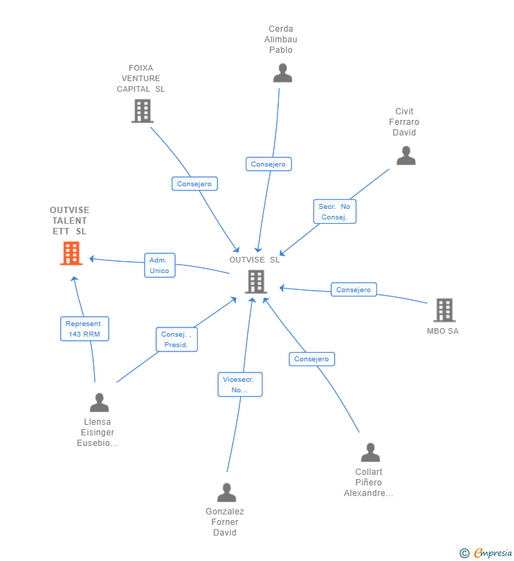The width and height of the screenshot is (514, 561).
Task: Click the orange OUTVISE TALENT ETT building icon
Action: click(71, 253)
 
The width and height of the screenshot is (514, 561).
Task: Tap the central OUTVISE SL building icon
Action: click(256, 282)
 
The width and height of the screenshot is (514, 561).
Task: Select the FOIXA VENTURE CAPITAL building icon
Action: click(142, 111)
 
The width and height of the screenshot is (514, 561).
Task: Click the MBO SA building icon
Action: click(444, 310)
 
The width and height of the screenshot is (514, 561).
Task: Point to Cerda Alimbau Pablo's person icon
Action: click(282, 73)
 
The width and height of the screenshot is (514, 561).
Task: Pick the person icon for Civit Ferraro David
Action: click(406, 155)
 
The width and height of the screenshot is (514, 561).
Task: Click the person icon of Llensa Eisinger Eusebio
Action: click(100, 402)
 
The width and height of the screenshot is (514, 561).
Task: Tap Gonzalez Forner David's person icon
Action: click(227, 492)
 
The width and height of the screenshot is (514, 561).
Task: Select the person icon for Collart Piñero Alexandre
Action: click(370, 452)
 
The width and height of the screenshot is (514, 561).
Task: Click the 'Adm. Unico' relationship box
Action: click(160, 265)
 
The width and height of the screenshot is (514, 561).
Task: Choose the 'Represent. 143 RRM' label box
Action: click(85, 329)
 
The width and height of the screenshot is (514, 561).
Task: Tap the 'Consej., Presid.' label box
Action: click(177, 339)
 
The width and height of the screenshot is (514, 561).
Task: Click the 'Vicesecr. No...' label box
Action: click(240, 385)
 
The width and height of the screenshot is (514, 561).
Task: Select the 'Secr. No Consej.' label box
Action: click(335, 212)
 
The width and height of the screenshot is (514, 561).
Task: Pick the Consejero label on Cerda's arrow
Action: click(268, 164)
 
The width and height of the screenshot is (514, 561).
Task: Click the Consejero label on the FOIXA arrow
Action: click(194, 183)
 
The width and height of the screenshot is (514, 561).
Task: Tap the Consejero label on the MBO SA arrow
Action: click(354, 289)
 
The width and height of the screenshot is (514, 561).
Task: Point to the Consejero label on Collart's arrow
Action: click(311, 358)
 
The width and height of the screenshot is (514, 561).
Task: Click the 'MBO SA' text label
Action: click(443, 331)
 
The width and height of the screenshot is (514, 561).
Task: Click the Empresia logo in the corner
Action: click(486, 553)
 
